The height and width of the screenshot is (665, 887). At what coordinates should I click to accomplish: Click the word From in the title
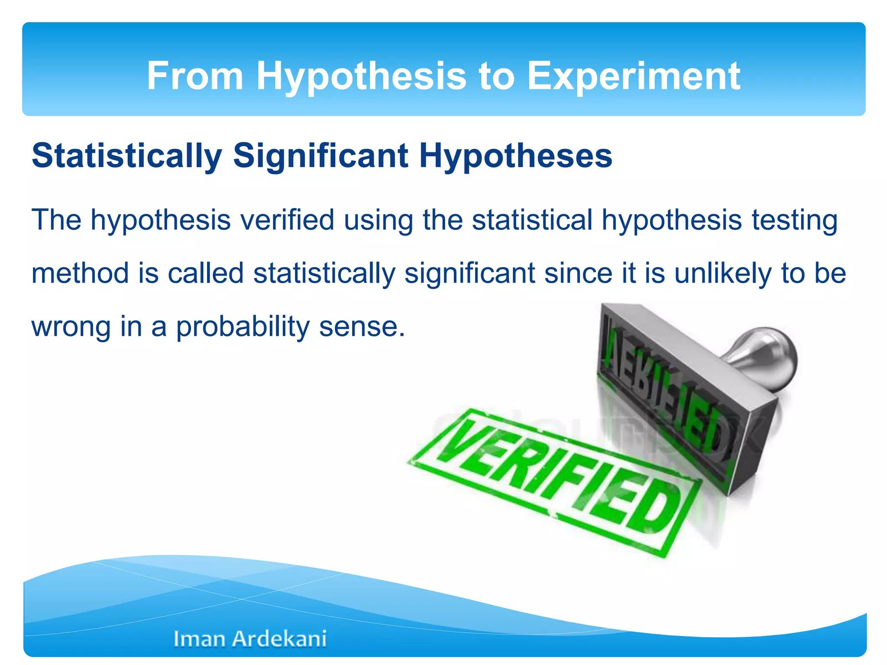(x=195, y=76)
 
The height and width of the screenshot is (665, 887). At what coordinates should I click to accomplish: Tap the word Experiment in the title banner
(x=634, y=77)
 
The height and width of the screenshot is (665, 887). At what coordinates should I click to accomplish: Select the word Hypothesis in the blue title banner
(x=361, y=77)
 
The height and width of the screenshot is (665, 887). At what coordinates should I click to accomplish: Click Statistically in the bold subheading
(x=127, y=156)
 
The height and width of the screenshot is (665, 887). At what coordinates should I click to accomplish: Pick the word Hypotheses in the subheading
(x=515, y=156)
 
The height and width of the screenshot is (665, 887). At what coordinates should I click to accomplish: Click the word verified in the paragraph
(x=287, y=220)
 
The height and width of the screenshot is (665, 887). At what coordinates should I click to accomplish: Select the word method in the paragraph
(x=80, y=273)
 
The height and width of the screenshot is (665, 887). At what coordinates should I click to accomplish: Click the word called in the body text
(x=206, y=273)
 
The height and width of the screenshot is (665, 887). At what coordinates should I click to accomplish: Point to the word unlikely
(x=723, y=274)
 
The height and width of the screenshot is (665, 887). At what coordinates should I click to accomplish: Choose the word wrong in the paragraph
(x=71, y=327)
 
